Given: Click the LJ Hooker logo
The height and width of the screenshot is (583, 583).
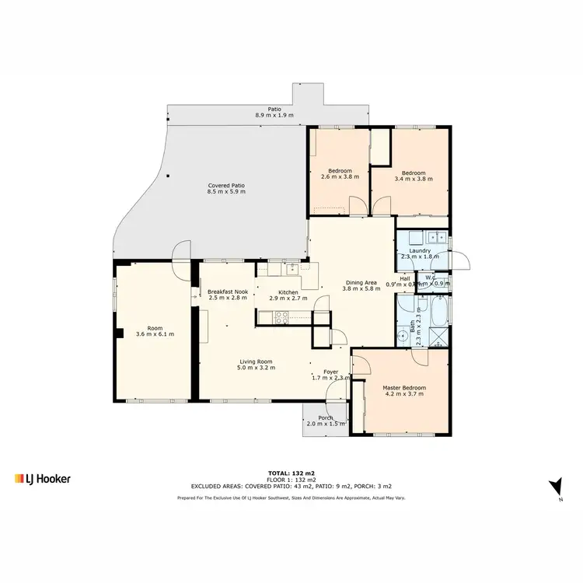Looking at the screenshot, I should click(x=43, y=479).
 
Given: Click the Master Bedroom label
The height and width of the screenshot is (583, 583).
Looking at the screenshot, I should click(x=403, y=387).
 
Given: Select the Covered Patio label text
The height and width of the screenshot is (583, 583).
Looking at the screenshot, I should click(x=226, y=186).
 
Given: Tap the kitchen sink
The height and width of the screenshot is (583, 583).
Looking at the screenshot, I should click(x=291, y=270).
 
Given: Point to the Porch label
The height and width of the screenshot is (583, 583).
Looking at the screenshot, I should click(x=325, y=417).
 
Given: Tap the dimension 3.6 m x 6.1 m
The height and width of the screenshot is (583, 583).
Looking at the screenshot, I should click(x=155, y=334).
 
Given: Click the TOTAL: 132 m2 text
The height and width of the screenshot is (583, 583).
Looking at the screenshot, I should click(x=291, y=473).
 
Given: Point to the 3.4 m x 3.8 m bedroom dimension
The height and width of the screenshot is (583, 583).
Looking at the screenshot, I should click(x=414, y=179).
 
